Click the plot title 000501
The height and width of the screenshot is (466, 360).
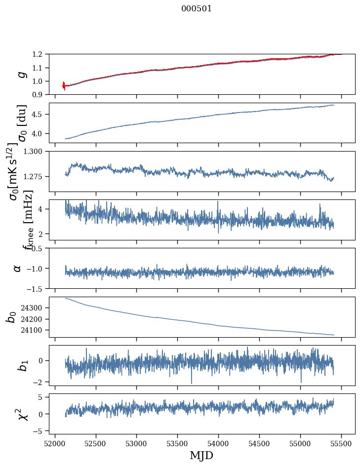tap(197, 9)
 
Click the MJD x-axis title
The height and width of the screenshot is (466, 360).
tap(201, 455)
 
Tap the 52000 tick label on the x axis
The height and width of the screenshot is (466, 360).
tap(55, 443)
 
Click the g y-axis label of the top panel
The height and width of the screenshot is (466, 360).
tap(21, 74)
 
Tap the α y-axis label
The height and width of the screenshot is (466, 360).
tap(18, 268)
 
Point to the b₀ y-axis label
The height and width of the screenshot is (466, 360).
tap(11, 317)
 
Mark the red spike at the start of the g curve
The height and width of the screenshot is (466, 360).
tap(64, 85)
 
